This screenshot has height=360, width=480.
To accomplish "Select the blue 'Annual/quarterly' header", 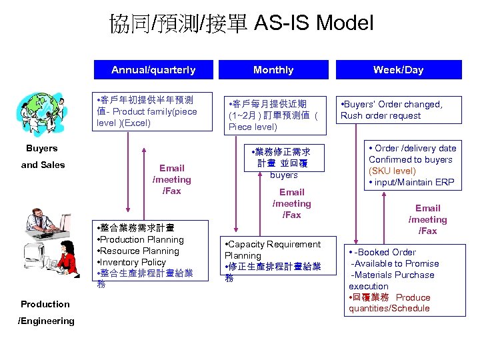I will pyautogui.click(x=153, y=70).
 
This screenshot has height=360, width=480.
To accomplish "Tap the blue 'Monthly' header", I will pyautogui.click(x=273, y=70).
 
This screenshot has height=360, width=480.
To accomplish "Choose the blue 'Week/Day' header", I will pyautogui.click(x=398, y=70).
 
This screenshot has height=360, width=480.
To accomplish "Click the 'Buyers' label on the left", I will pyautogui.click(x=41, y=148).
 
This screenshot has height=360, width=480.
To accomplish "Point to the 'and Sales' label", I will pyautogui.click(x=43, y=165).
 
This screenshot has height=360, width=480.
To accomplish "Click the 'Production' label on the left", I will pyautogui.click(x=45, y=304).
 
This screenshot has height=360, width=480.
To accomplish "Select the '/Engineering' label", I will pyautogui.click(x=46, y=321).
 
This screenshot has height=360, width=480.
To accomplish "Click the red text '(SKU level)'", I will pyautogui.click(x=393, y=171).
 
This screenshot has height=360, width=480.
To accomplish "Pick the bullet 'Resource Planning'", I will pyautogui.click(x=140, y=251).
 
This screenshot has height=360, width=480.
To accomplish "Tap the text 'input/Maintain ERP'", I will pyautogui.click(x=411, y=183).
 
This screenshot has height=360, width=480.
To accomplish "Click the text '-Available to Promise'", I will pyautogui.click(x=395, y=263).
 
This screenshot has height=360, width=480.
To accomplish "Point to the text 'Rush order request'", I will pyautogui.click(x=381, y=115).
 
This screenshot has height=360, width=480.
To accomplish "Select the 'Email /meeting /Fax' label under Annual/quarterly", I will pyautogui.click(x=172, y=179).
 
